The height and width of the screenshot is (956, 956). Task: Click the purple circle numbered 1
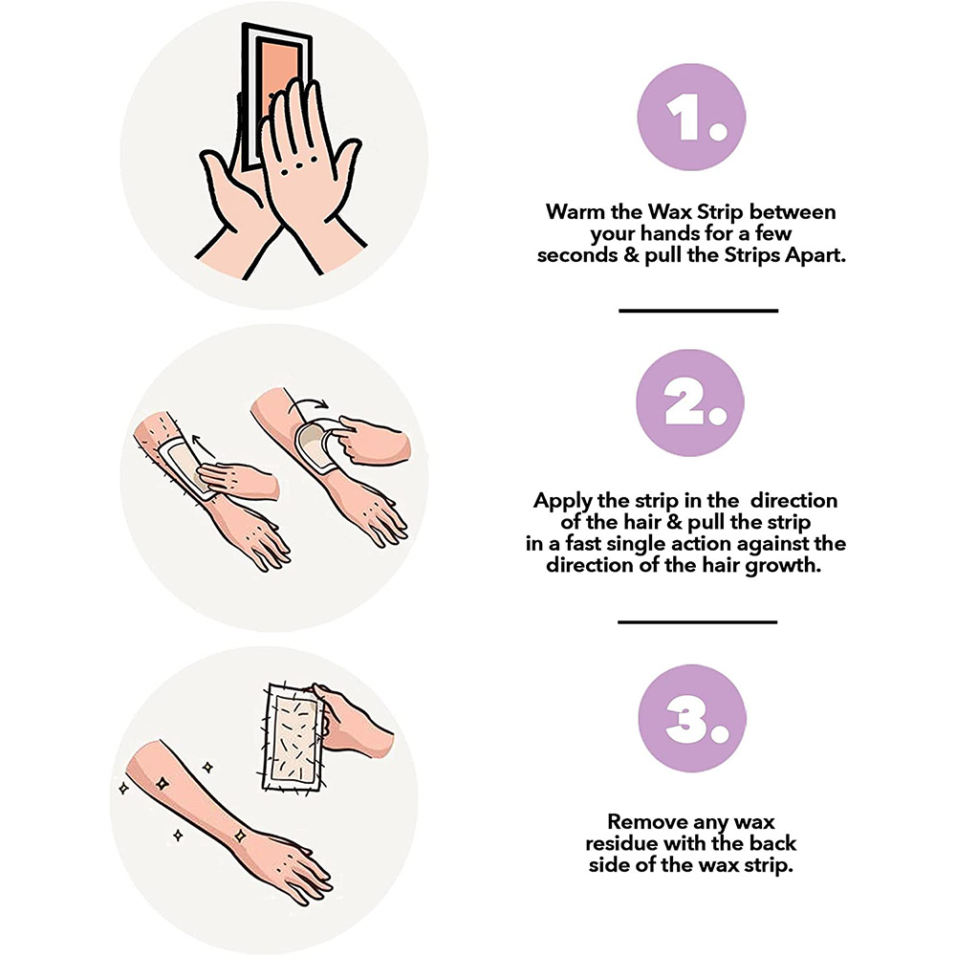click(x=691, y=117)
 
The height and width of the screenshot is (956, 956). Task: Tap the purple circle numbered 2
click(x=690, y=403)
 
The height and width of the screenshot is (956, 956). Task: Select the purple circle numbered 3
click(x=692, y=719)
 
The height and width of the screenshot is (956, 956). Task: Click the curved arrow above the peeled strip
click(x=309, y=404)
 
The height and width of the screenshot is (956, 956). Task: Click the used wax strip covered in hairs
click(x=293, y=738)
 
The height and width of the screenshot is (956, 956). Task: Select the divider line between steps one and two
click(x=698, y=311)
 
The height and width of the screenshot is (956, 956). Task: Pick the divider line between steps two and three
click(x=698, y=622)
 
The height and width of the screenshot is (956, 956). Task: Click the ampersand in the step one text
click(x=631, y=255)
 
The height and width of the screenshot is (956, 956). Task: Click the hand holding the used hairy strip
click(x=353, y=721)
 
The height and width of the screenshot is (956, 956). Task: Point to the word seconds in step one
click(x=577, y=255)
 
